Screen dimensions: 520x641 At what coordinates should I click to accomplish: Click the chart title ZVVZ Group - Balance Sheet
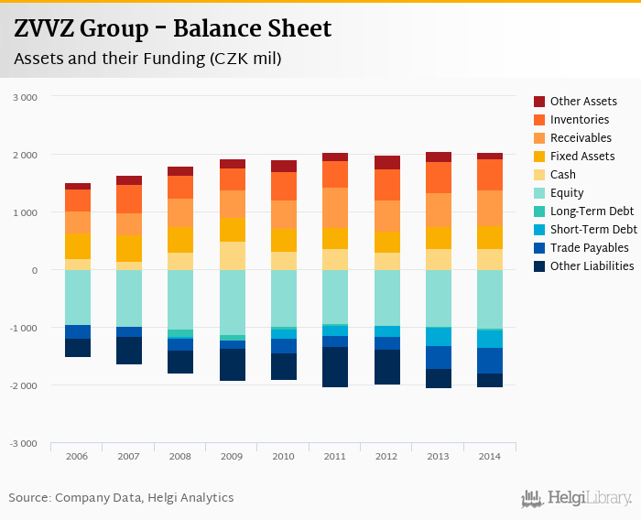(x=172, y=29)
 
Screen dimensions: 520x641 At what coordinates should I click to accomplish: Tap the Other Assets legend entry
(x=582, y=102)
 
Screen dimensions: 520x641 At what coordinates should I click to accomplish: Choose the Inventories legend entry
(x=579, y=120)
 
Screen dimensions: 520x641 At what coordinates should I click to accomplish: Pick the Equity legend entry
(x=566, y=193)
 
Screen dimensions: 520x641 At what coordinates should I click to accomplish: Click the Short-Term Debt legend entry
(x=592, y=230)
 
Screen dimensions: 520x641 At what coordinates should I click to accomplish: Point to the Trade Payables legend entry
(x=589, y=248)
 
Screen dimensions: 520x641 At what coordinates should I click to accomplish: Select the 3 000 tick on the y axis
(x=25, y=97)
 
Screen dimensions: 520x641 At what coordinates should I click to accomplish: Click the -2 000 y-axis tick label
(x=23, y=385)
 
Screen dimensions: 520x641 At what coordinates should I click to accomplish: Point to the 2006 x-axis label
(x=77, y=456)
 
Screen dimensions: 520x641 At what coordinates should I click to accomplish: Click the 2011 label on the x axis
(x=335, y=456)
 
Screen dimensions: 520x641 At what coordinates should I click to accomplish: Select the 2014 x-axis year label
(x=490, y=456)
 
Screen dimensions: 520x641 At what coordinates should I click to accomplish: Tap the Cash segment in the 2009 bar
(x=233, y=255)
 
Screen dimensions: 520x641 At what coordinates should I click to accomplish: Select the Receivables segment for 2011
(x=335, y=208)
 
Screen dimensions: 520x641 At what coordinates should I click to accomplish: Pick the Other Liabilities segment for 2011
(x=335, y=367)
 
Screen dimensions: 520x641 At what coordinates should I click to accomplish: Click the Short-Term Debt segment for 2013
(x=438, y=336)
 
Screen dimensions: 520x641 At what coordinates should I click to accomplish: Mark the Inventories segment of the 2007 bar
(x=129, y=199)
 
